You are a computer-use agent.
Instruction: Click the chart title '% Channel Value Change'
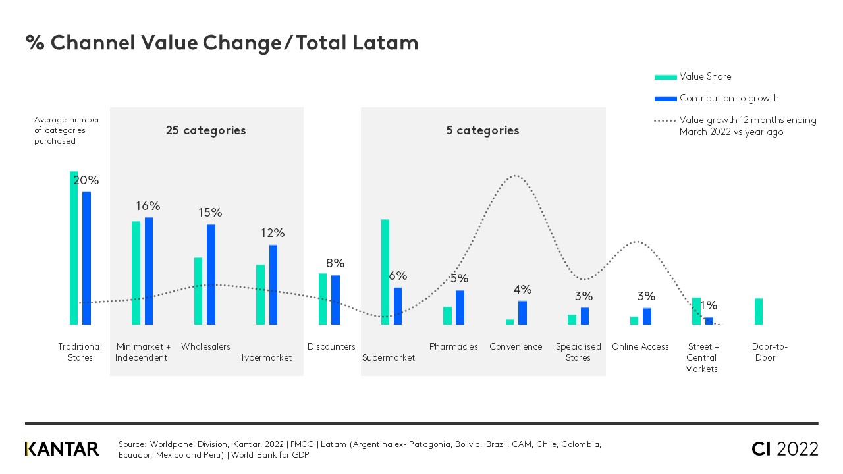tap(222, 43)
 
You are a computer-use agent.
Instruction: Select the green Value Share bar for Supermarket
tap(385, 271)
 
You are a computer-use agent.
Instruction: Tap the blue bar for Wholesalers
tap(211, 274)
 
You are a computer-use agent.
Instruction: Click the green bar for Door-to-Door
tap(759, 311)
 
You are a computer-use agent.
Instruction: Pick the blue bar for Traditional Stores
tap(86, 257)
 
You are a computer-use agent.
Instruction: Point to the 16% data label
tap(148, 206)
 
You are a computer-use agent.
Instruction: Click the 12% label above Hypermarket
tap(273, 233)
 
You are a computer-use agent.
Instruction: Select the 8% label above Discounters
tap(335, 263)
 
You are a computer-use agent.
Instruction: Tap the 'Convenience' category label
tap(516, 347)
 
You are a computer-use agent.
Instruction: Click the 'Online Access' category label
tap(640, 347)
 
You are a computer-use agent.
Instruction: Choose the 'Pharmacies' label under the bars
tap(454, 347)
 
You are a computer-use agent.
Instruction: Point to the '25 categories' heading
tap(205, 130)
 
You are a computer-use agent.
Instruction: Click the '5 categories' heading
tap(483, 130)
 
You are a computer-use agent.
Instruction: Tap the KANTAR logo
tap(62, 449)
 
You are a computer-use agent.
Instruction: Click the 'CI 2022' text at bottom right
tap(785, 449)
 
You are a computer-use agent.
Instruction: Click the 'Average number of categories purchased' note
tap(67, 130)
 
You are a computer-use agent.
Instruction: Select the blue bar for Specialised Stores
tap(585, 316)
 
